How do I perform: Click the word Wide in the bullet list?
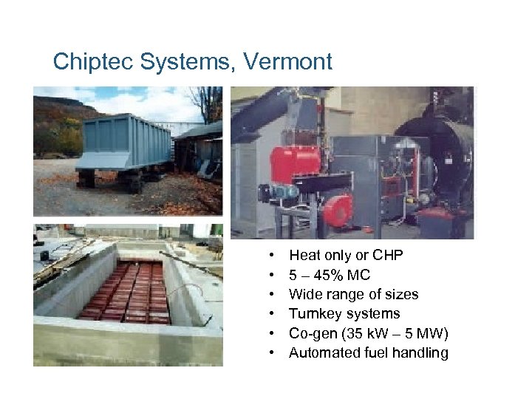pos(304,294)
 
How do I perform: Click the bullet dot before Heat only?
pos(273,256)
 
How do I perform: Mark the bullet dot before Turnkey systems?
pos(273,313)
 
